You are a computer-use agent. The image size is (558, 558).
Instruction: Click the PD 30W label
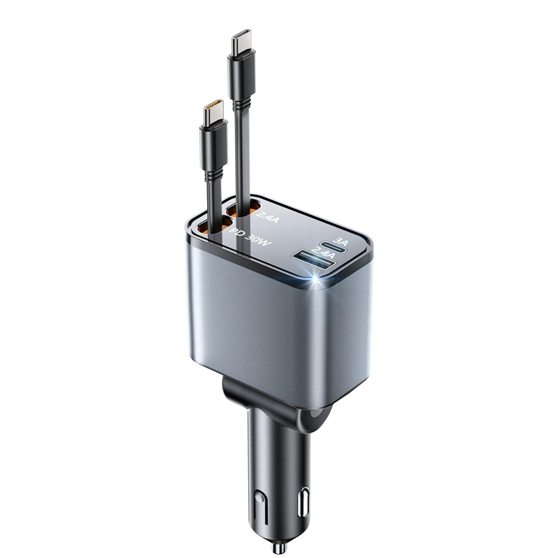point(250,237)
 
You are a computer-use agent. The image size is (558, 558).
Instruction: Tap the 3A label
point(341,241)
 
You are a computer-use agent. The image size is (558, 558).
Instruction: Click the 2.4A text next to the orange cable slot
point(268,217)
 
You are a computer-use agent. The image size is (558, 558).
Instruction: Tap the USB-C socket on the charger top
point(333,246)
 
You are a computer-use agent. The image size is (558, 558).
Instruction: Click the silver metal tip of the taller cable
point(241,41)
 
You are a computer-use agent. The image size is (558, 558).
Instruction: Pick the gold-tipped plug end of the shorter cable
point(213,112)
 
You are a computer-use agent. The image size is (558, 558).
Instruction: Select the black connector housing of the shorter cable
point(213,146)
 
